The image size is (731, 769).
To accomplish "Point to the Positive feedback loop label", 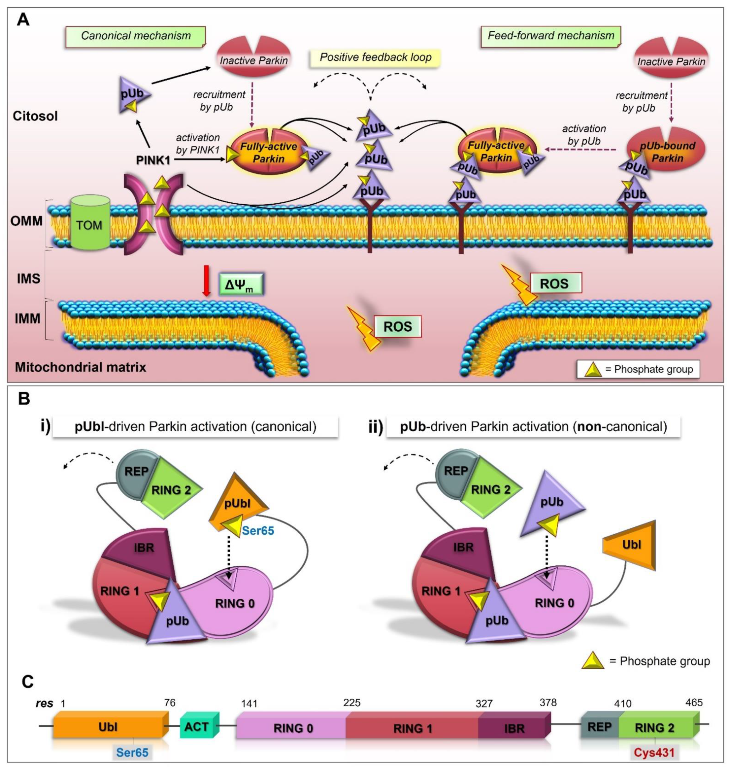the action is (x=376, y=58).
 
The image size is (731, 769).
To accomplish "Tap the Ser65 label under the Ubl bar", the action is (x=132, y=752).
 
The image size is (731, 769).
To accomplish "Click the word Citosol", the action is (x=35, y=116).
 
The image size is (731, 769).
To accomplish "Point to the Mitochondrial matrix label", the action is (x=81, y=367).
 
